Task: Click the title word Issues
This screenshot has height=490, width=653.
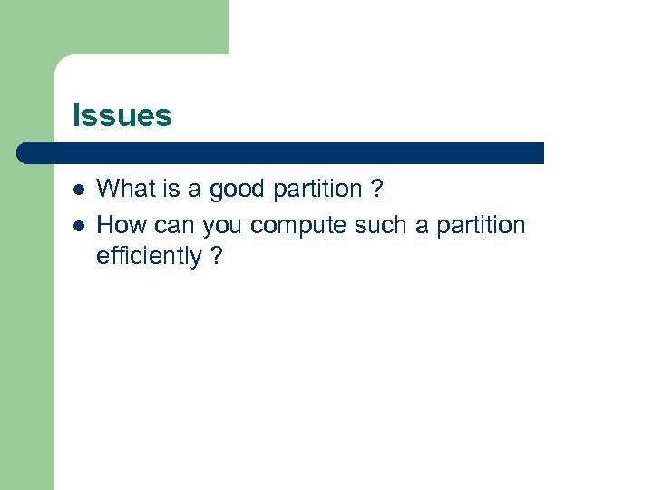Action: (122, 116)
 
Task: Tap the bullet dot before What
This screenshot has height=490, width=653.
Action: (78, 191)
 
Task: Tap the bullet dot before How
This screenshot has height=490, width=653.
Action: (78, 225)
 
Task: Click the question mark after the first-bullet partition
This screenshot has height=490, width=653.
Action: (377, 189)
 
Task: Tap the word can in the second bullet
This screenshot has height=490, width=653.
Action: (175, 225)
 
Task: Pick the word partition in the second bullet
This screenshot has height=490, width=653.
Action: (476, 225)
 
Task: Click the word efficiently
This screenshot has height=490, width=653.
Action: (149, 257)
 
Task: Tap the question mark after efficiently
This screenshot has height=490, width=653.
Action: (216, 256)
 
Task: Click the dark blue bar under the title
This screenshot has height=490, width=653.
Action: (281, 152)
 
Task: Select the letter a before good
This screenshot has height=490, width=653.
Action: (194, 190)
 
